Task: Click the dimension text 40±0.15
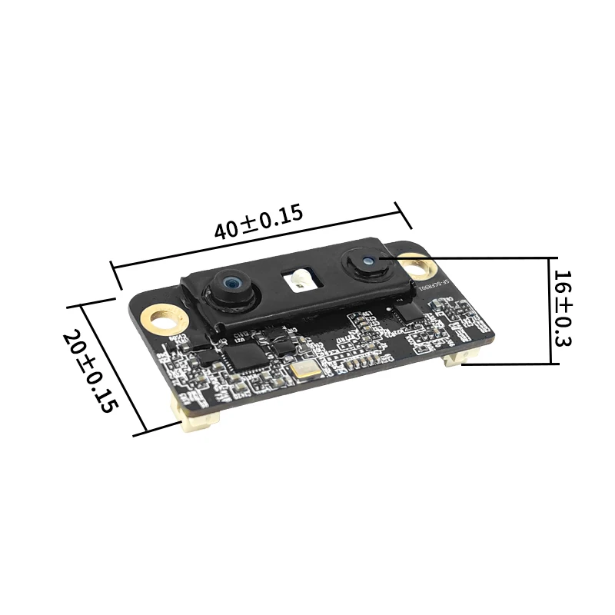[x=259, y=222]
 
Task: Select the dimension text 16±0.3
[x=563, y=308]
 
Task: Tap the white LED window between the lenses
[x=300, y=279]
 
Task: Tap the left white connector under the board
[x=196, y=418]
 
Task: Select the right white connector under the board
[x=460, y=356]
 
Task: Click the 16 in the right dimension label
[x=563, y=281]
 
